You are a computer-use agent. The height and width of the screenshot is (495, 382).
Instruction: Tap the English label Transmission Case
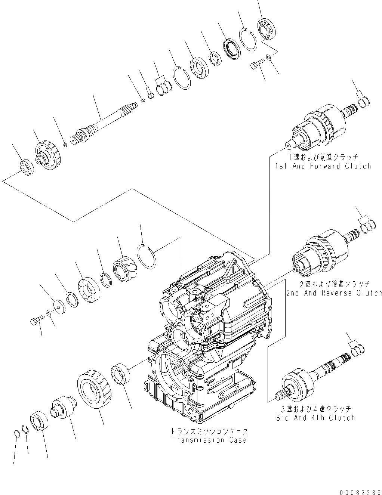coord(209,440)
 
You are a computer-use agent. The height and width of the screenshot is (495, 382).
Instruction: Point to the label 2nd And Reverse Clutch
coord(334,293)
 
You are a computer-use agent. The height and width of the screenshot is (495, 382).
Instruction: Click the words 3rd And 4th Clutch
coord(315,418)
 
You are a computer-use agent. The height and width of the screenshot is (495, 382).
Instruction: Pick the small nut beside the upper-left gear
coord(65,145)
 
